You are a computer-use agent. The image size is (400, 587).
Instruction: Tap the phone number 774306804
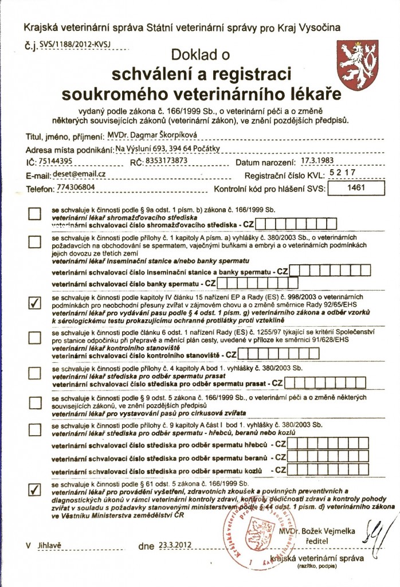tap(64, 187)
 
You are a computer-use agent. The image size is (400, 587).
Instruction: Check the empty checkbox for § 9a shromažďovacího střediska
tap(35, 214)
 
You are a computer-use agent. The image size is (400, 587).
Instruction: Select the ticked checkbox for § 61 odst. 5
tap(35, 488)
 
